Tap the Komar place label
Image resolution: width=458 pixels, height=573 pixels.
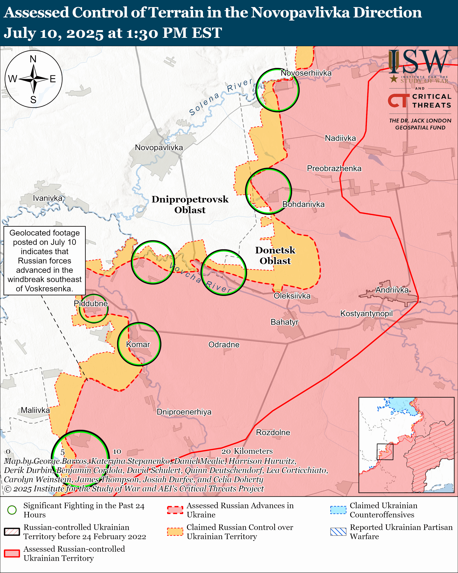[138, 344]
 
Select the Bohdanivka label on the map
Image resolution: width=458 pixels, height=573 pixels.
[303, 204]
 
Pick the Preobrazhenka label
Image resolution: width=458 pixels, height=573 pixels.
[334, 168]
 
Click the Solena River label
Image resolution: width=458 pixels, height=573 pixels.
[220, 96]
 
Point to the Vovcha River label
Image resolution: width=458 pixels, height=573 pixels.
[200, 277]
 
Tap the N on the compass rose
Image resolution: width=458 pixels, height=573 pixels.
[33, 59]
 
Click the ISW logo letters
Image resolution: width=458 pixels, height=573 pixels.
[419, 62]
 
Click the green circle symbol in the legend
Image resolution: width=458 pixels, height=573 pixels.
[12, 510]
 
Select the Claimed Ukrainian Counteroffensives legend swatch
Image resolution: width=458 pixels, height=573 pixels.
[338, 510]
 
